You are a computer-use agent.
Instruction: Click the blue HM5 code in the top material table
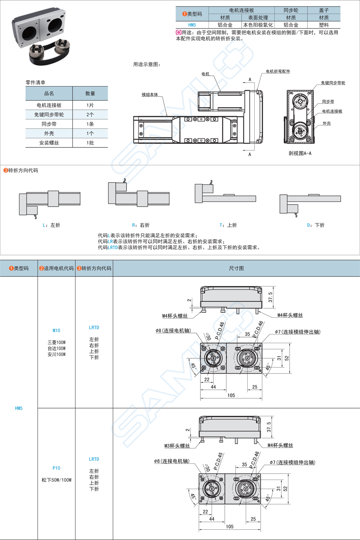click(x=192, y=25)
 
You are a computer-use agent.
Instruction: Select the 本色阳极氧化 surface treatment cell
click(x=258, y=25)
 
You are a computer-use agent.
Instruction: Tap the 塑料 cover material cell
click(x=324, y=25)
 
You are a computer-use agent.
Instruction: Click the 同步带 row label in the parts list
click(x=49, y=124)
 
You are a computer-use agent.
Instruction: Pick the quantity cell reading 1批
click(x=90, y=143)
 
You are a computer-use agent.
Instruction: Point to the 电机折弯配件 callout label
click(x=278, y=72)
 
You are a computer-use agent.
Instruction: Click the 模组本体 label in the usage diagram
click(x=150, y=95)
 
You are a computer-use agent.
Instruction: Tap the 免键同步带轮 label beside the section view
click(x=333, y=83)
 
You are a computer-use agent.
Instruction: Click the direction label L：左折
click(x=51, y=225)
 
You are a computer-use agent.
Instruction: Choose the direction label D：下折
click(x=316, y=225)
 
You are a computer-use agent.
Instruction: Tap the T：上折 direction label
click(x=228, y=225)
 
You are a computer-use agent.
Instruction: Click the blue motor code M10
click(x=57, y=330)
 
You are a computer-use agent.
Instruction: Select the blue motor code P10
click(x=57, y=468)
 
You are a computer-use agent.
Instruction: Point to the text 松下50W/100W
click(x=57, y=480)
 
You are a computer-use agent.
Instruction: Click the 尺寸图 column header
click(x=236, y=268)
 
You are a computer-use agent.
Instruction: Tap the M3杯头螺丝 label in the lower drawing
click(x=177, y=446)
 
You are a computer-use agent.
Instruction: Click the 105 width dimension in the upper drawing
click(x=231, y=395)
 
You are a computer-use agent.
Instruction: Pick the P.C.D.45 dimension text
click(x=219, y=461)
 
